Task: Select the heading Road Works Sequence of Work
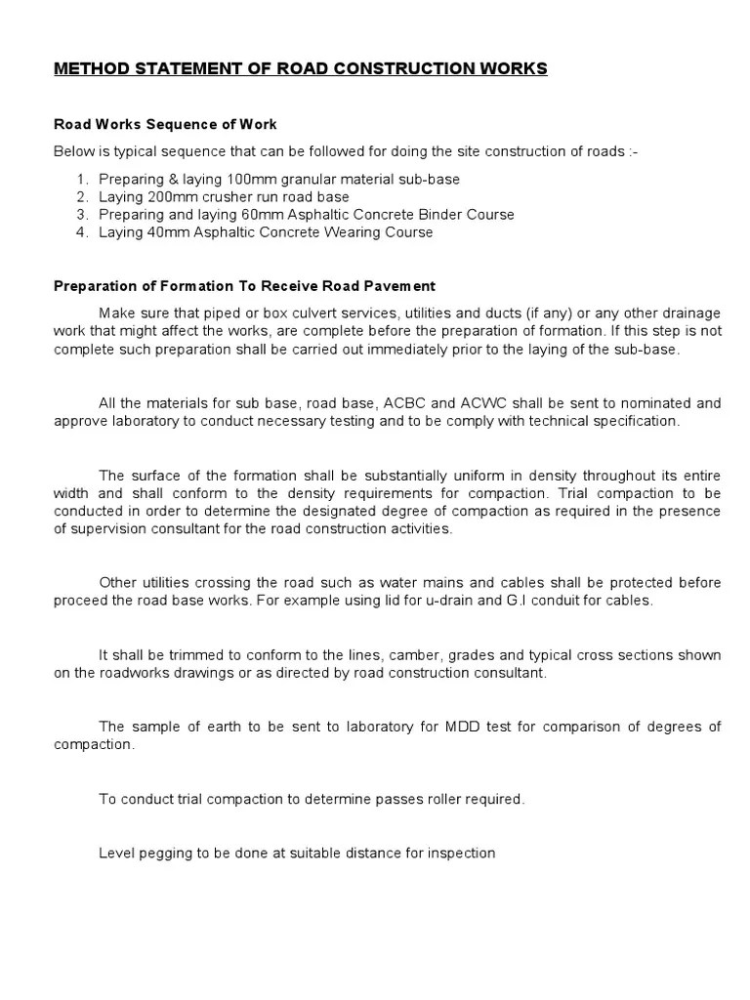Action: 165,124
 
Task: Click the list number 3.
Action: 80,215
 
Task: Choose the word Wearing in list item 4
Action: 354,232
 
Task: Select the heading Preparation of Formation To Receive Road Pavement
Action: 244,286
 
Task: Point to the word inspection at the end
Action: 461,853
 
